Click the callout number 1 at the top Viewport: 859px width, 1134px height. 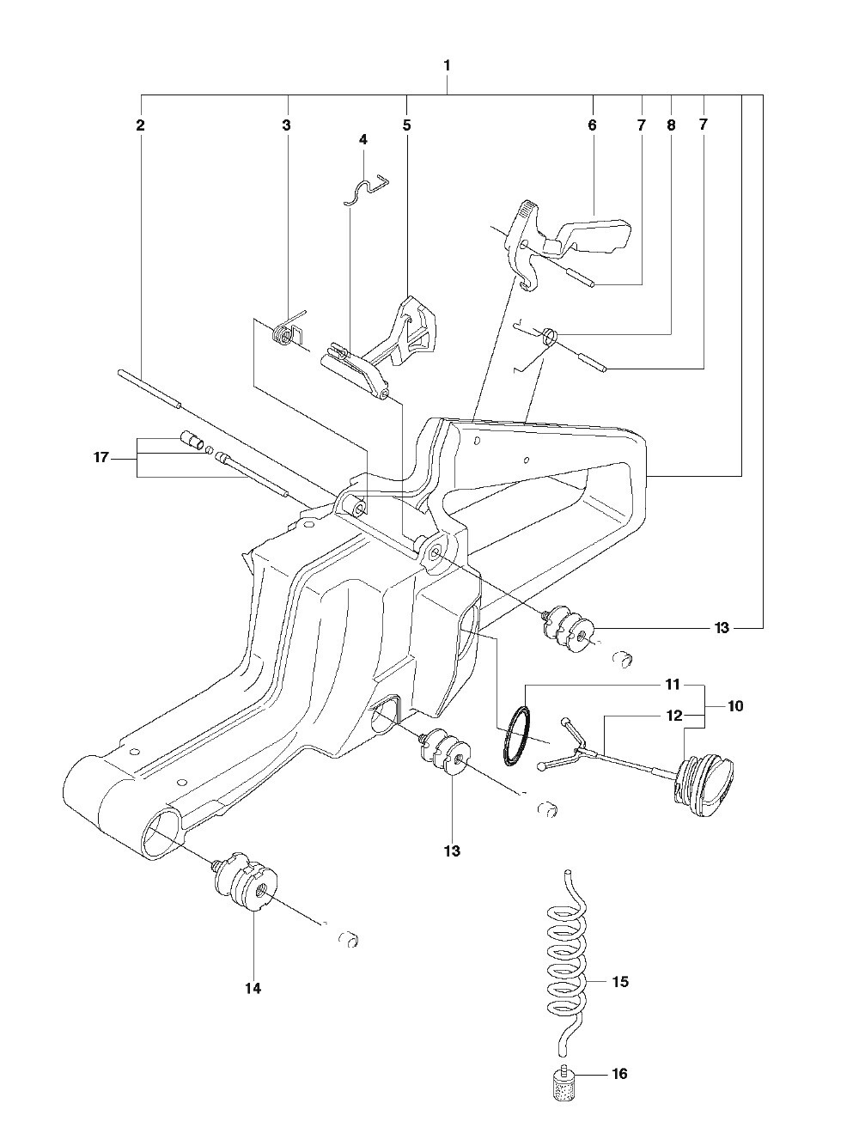tap(447, 66)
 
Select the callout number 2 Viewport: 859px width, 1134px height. tap(140, 125)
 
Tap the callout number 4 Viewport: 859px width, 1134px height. tap(363, 139)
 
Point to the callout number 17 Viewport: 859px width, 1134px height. tap(101, 457)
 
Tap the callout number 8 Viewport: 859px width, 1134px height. tap(671, 125)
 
